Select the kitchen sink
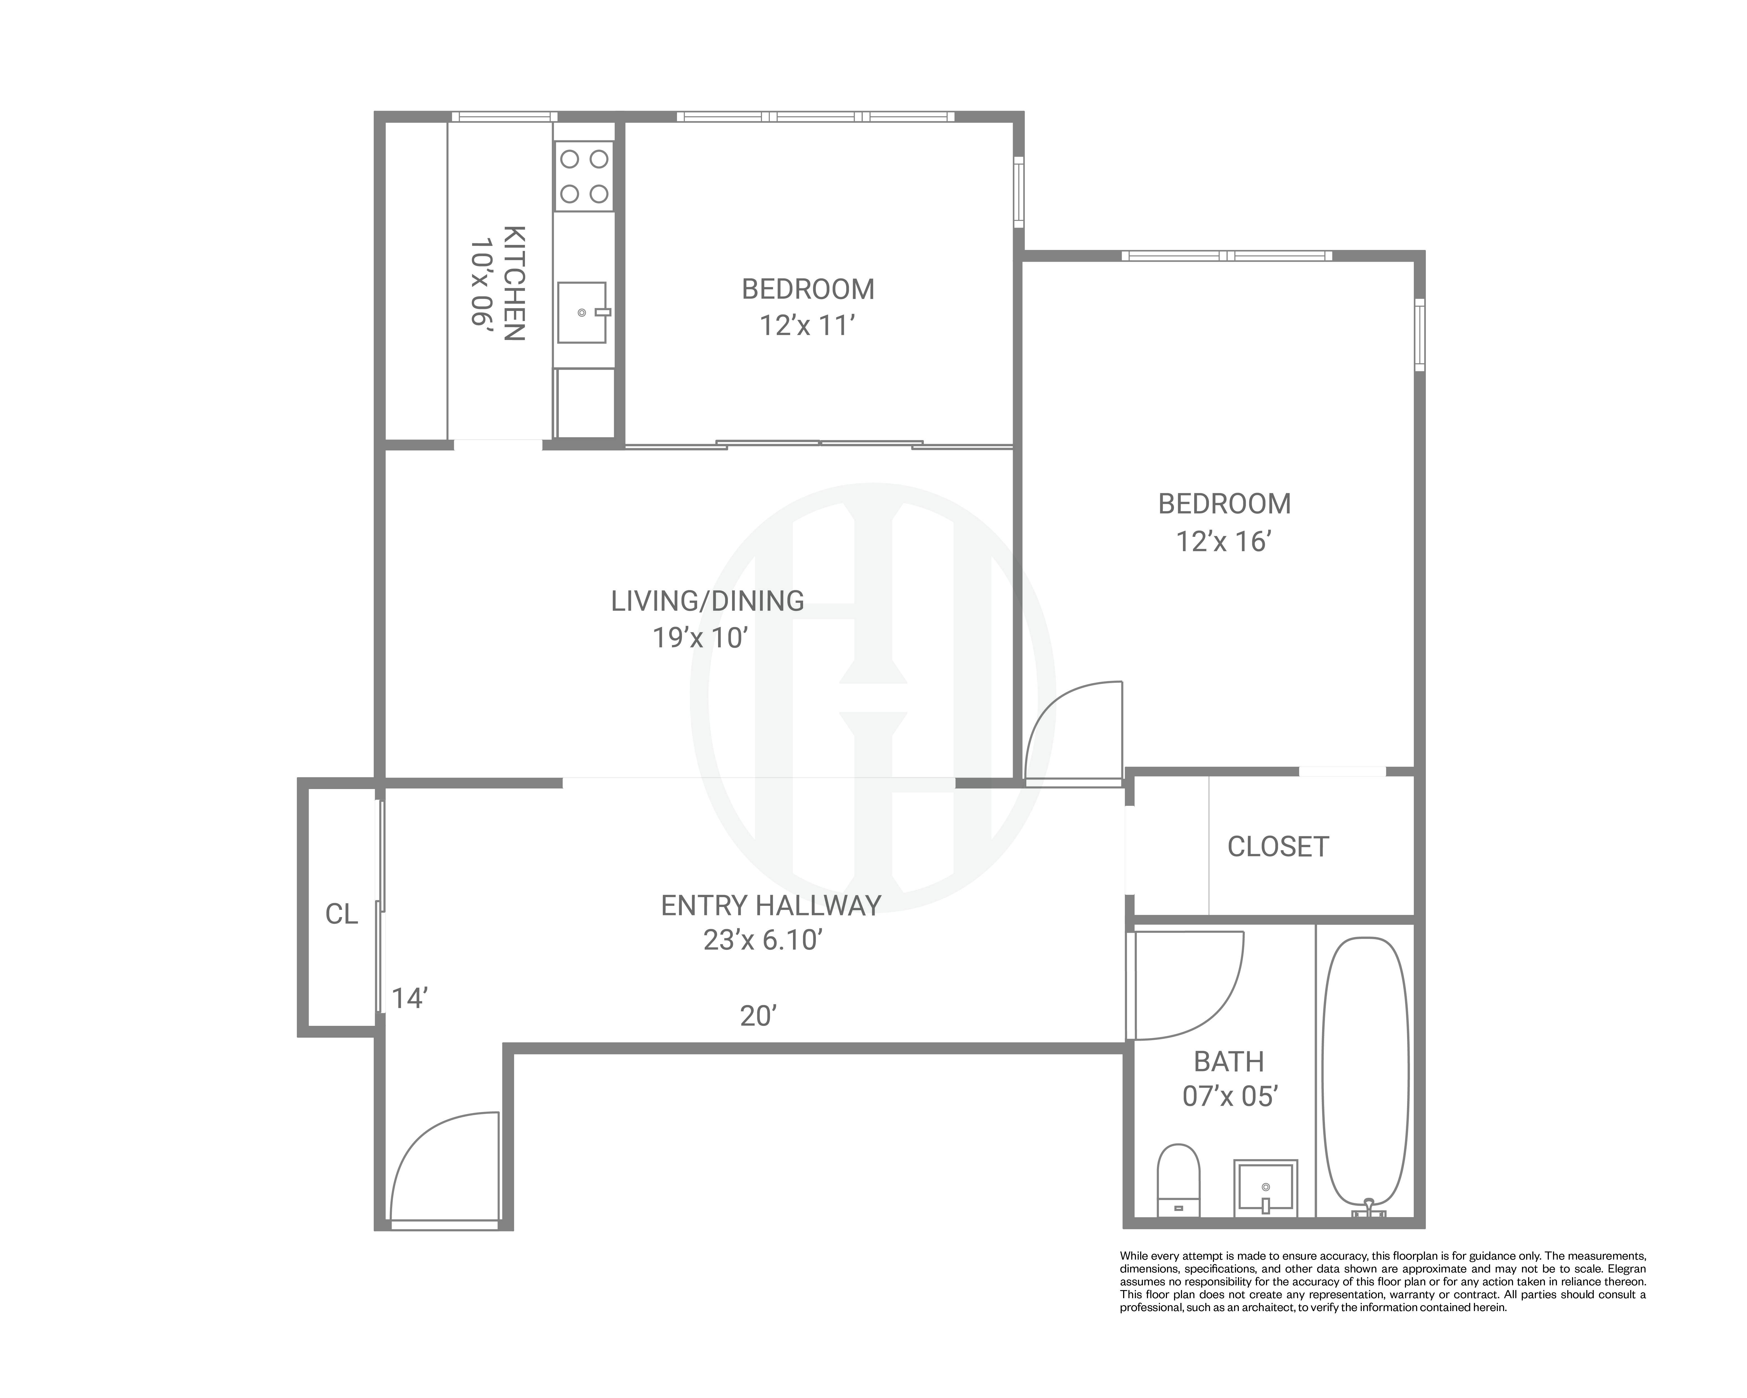point(582,312)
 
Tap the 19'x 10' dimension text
point(699,638)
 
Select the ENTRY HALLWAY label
point(771,905)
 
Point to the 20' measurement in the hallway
point(758,1016)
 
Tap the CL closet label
point(341,914)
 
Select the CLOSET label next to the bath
point(1278,847)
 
